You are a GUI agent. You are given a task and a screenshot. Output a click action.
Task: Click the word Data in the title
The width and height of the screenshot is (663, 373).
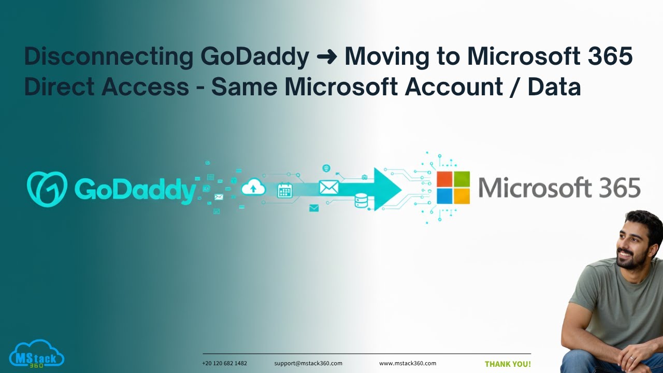tap(554, 87)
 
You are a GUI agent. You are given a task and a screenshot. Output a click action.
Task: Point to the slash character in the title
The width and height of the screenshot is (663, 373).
tap(515, 87)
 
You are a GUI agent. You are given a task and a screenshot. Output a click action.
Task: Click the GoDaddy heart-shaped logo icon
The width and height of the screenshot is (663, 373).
tap(47, 189)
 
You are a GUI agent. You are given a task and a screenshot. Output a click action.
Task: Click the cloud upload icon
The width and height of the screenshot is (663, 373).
tap(253, 187)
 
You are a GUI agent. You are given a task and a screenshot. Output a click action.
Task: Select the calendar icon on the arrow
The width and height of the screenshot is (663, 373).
tap(285, 190)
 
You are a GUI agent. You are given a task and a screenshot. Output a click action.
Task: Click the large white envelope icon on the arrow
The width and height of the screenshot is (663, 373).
tap(328, 187)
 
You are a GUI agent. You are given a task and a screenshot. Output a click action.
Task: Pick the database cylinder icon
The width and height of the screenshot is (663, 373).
tap(361, 200)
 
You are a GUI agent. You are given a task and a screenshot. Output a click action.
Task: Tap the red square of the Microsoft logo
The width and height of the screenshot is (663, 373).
tap(444, 179)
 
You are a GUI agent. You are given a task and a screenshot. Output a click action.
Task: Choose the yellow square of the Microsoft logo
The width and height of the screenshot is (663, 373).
tap(462, 196)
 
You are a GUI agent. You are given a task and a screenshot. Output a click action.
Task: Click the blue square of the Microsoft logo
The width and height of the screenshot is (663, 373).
tap(444, 196)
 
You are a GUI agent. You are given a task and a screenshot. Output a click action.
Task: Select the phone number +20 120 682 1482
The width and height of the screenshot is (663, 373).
tap(224, 364)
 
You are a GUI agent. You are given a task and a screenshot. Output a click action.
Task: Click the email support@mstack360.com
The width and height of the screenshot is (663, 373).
tap(308, 364)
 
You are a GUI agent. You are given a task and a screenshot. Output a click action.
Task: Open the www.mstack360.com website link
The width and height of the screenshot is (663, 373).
tap(408, 364)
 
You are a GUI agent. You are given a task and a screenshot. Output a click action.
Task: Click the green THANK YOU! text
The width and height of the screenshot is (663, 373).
tap(508, 364)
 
